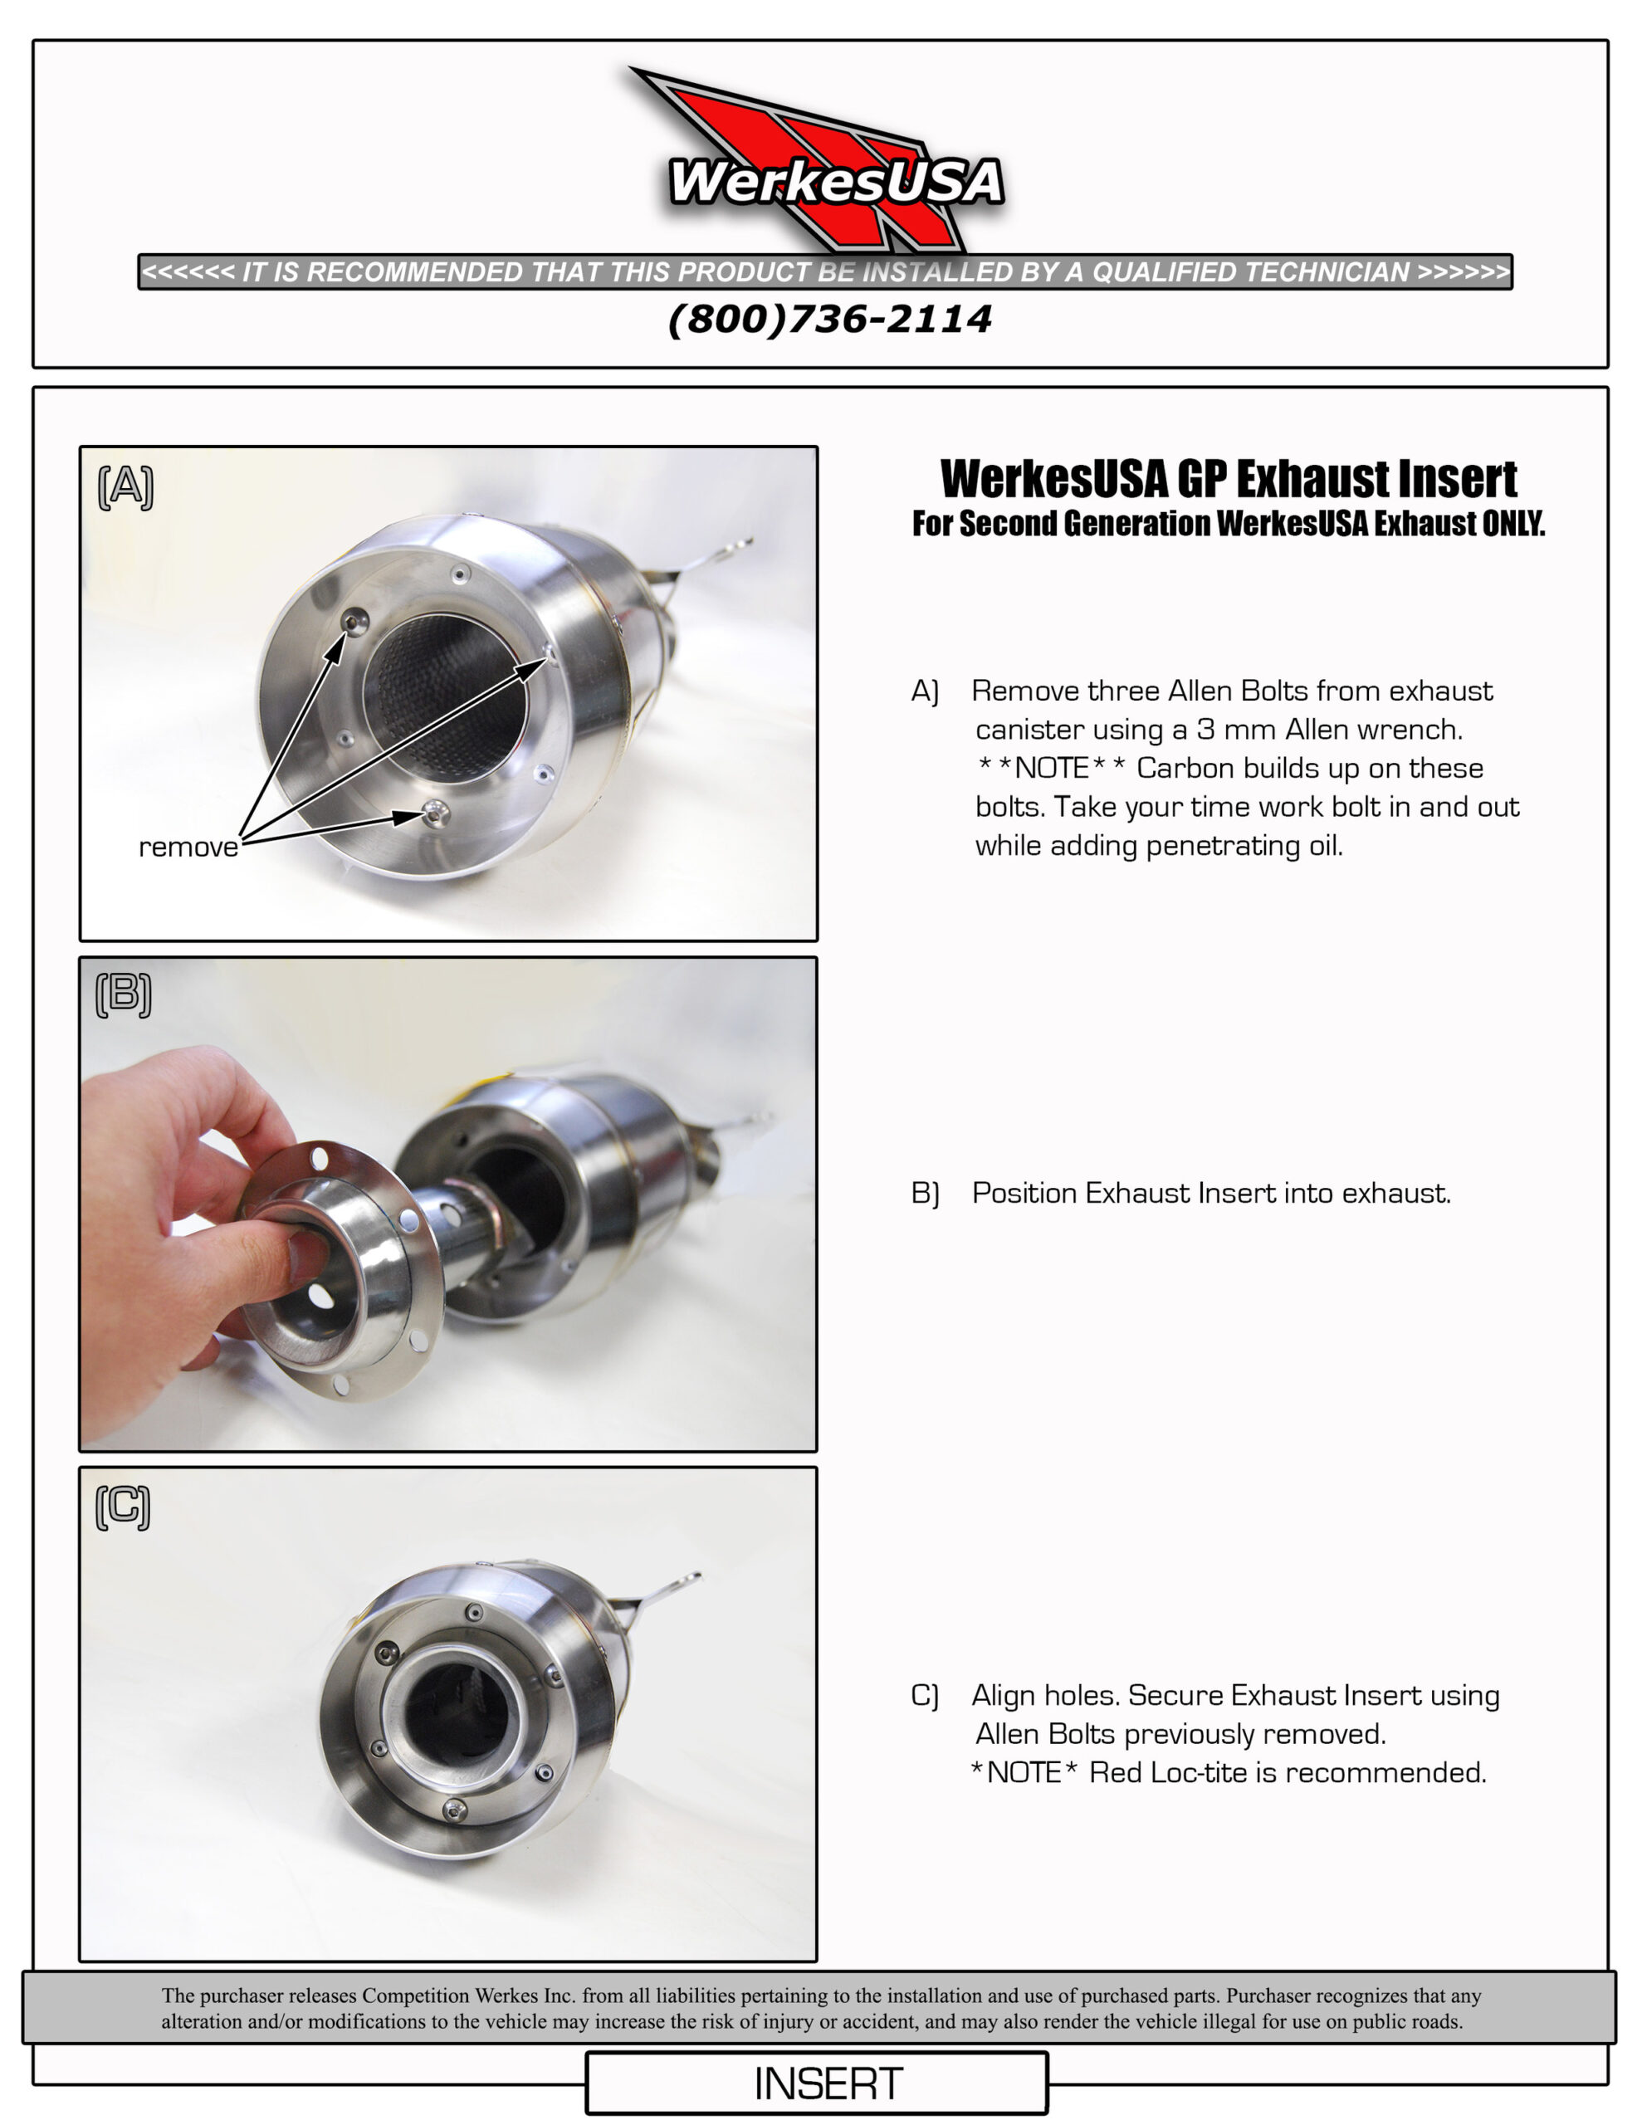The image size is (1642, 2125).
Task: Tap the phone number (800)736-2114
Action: [829, 319]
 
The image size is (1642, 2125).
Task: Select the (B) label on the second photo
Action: [124, 994]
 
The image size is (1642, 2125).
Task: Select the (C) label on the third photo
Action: [124, 1507]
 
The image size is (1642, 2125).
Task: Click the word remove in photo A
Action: [188, 848]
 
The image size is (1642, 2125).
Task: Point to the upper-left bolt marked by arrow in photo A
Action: [356, 621]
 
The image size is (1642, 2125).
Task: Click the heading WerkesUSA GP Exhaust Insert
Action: [1229, 479]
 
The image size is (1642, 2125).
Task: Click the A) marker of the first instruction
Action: [925, 691]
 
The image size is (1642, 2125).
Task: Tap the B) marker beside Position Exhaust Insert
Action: [925, 1193]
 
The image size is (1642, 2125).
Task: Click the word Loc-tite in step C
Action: [1200, 1773]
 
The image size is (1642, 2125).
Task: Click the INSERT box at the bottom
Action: [828, 2084]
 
